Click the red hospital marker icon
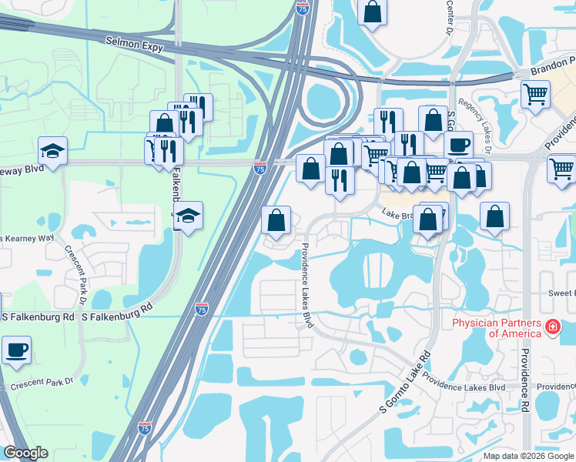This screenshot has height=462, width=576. point(551,328)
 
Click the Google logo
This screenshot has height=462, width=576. point(25,453)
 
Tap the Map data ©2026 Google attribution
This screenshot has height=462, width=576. point(528,456)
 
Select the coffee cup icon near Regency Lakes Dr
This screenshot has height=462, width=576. point(459,145)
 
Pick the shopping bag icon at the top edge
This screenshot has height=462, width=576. point(372,12)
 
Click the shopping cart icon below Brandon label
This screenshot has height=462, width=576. point(536,95)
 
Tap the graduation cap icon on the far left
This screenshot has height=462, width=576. point(52,151)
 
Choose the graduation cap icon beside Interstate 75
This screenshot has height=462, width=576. point(187,216)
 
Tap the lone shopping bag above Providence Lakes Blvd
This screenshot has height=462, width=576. point(276,220)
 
